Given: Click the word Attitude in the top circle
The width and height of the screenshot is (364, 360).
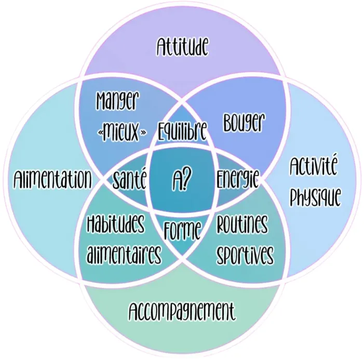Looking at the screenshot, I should click(182, 48).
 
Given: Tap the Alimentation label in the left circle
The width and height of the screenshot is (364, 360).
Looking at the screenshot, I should click(52, 180).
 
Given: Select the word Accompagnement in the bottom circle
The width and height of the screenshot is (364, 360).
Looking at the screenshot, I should click(182, 312).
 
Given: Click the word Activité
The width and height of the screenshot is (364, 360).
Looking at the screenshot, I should click(313, 168).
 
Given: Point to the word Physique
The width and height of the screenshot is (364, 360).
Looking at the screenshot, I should click(315, 197).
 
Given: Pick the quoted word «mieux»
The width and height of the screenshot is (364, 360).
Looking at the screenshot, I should click(122, 132).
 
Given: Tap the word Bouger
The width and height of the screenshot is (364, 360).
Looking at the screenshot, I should click(244, 123).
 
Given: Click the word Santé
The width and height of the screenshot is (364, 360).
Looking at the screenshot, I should click(130, 180).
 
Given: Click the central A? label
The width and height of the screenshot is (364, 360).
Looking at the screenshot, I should click(182, 180).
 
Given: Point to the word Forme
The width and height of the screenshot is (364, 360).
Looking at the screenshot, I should click(182, 230).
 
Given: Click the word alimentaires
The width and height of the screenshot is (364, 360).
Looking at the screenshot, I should click(124, 255).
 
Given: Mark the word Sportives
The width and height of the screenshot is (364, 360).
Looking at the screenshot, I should click(245, 255).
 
